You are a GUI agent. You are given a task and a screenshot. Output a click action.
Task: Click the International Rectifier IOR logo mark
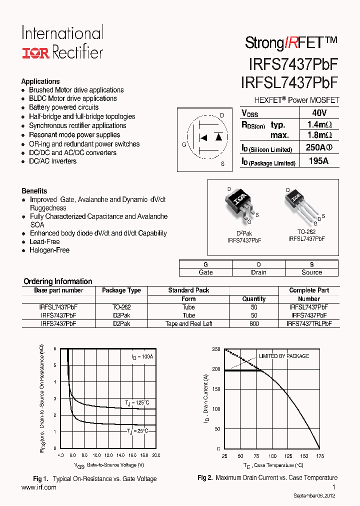(x=35, y=52)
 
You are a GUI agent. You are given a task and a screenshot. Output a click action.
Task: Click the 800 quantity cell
(x=254, y=323)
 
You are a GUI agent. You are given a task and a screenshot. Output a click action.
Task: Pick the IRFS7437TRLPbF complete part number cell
(x=309, y=323)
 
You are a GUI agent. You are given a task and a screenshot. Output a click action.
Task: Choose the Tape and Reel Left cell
(x=188, y=323)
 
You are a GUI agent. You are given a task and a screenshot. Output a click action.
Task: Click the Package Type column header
(x=121, y=290)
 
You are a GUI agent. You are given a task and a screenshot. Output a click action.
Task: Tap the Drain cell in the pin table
(x=258, y=272)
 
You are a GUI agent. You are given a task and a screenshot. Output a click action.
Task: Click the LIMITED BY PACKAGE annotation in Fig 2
(x=283, y=356)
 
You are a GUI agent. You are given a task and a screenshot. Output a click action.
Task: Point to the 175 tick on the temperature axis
(x=319, y=456)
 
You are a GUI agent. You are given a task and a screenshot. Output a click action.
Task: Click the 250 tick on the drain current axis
(x=216, y=349)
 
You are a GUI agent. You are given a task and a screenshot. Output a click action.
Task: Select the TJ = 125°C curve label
(x=137, y=402)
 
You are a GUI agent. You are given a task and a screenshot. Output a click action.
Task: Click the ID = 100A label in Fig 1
(x=142, y=357)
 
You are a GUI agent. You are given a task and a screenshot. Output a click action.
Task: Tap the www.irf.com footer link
(x=39, y=487)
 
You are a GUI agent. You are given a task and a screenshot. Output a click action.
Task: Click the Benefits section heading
(x=34, y=191)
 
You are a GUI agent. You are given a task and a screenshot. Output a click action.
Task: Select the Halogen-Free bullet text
(x=49, y=250)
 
